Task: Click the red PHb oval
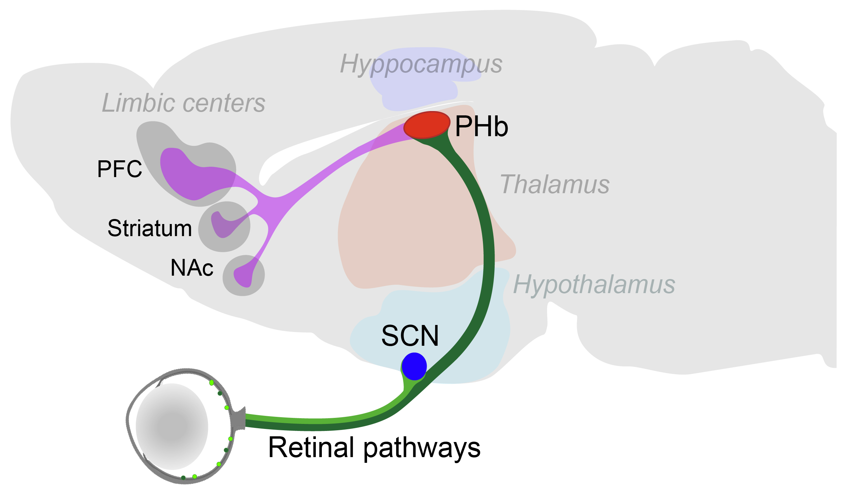tap(426, 125)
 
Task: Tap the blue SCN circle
tap(414, 367)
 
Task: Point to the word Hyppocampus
tap(421, 64)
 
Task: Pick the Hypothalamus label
tap(594, 285)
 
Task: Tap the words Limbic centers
tap(183, 103)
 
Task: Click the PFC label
tap(119, 169)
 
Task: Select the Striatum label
tap(149, 229)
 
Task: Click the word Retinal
tap(311, 448)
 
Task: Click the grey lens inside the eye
tap(172, 427)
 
